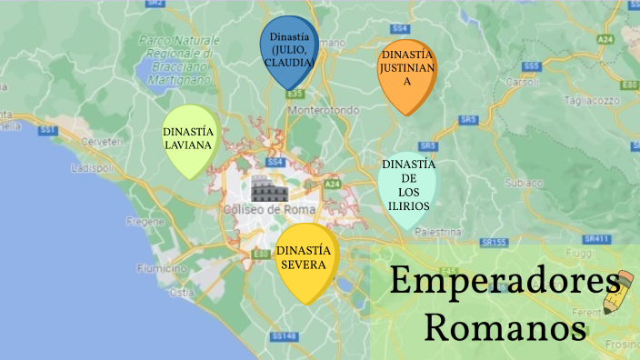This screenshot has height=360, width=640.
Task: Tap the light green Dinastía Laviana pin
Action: click(x=189, y=138)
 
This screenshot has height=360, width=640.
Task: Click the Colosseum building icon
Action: click(x=269, y=191)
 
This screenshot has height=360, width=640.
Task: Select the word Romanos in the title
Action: click(x=505, y=325)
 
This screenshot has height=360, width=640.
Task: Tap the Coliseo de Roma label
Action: click(x=269, y=210)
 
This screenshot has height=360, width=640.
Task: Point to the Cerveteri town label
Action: click(x=101, y=143)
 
